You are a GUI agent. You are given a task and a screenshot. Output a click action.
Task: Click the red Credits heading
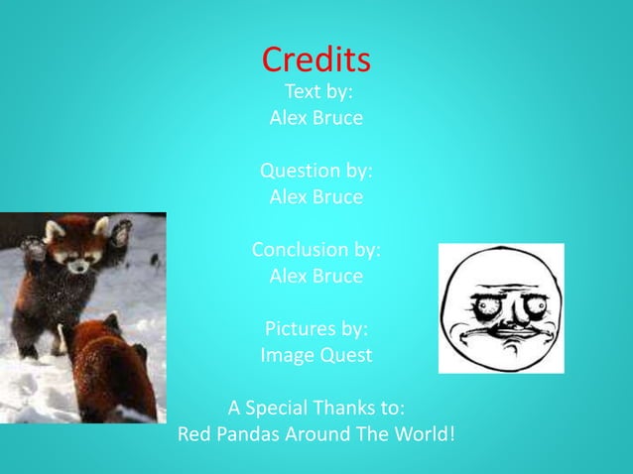[316, 60]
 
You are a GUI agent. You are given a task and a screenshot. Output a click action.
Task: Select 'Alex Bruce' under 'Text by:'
[316, 118]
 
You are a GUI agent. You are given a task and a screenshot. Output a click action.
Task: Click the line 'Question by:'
[316, 171]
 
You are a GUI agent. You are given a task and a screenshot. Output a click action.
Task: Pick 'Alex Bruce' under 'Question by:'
[316, 196]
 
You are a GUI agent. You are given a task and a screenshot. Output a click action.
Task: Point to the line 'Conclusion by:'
[316, 249]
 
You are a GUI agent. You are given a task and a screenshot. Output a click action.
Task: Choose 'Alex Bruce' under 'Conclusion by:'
[316, 275]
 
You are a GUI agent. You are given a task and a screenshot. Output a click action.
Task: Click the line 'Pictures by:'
[316, 328]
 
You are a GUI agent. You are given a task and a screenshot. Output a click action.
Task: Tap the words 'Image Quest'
[316, 354]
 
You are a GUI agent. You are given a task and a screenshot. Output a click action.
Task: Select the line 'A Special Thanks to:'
[316, 408]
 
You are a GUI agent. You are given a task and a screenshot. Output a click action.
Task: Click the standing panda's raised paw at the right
[120, 233]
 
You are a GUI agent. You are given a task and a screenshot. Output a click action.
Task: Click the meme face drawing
[501, 307]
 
